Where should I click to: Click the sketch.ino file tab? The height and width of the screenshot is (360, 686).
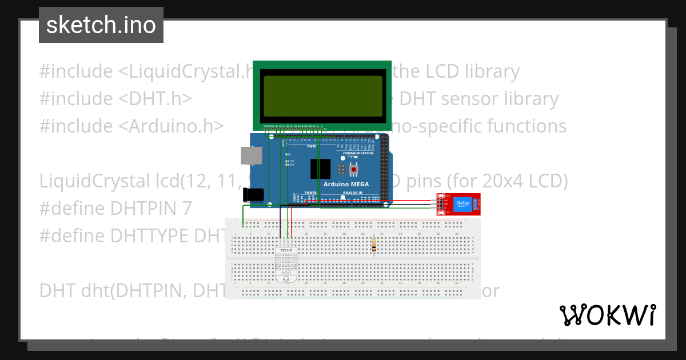pyautogui.click(x=101, y=25)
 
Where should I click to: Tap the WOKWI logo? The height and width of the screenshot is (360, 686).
pyautogui.click(x=607, y=315)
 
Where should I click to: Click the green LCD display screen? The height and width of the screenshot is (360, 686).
pyautogui.click(x=322, y=95)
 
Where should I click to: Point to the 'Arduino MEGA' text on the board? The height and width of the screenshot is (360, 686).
pyautogui.click(x=346, y=184)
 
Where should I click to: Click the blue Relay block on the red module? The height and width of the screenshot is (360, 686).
pyautogui.click(x=462, y=204)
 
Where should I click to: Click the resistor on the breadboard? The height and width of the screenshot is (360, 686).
pyautogui.click(x=374, y=245)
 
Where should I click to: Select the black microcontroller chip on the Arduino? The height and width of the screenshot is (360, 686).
pyautogui.click(x=320, y=169)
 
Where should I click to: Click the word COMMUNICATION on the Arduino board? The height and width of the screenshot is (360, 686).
pyautogui.click(x=358, y=153)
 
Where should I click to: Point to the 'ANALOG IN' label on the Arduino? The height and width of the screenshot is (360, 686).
pyautogui.click(x=353, y=193)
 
